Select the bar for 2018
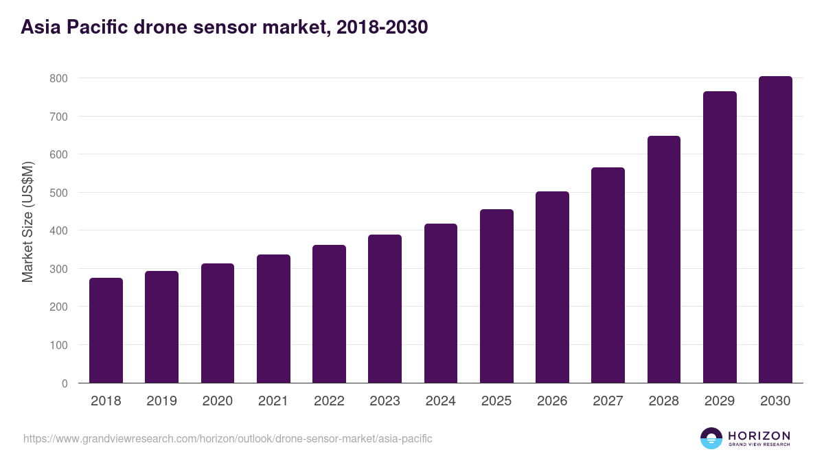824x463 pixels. [106, 331]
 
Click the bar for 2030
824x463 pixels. [775, 230]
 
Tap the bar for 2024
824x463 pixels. [440, 303]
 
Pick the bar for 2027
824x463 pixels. [608, 275]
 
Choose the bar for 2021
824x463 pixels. [273, 319]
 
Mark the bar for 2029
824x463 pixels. [720, 237]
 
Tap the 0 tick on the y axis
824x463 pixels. [64, 383]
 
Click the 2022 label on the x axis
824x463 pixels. [329, 401]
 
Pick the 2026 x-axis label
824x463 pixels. [552, 401]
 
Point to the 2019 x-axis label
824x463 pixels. [161, 401]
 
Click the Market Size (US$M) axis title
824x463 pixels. [27, 221]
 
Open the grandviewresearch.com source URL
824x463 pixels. [228, 438]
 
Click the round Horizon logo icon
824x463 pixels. [711, 438]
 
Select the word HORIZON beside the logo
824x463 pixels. [759, 435]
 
